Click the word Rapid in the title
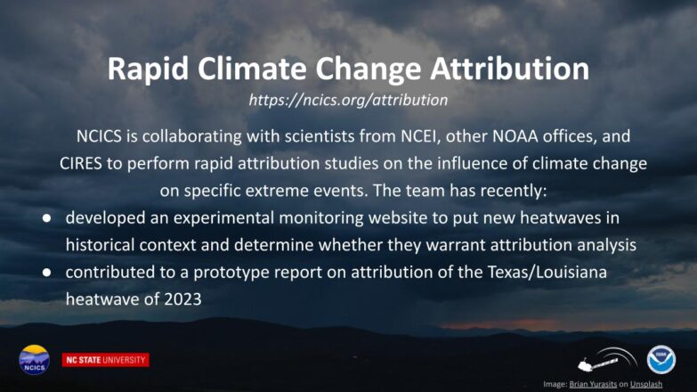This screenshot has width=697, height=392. coord(149,69)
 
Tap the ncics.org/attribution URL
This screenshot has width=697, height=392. coord(348,100)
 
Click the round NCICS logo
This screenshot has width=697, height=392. coord(34,360)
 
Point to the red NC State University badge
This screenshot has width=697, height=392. coord(105,360)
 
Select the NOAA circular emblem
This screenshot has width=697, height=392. coord(661,360)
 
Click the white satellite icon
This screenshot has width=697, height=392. coord(607,361)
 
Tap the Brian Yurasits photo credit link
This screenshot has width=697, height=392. coord(593,384)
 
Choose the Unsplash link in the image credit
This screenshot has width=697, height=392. coord(646,384)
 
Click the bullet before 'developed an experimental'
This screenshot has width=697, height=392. coord(46,218)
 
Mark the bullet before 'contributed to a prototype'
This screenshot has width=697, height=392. coord(46,273)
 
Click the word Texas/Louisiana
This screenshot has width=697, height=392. coord(547,272)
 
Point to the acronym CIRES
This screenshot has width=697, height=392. coord(81,163)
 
